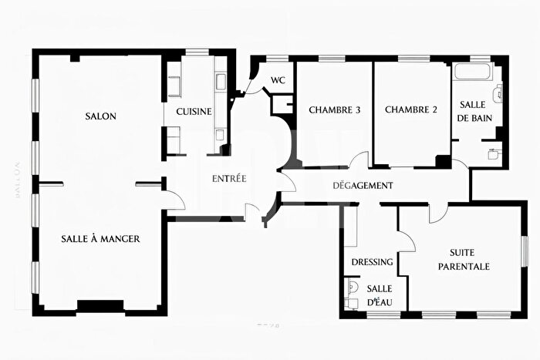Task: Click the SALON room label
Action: tap(100, 116)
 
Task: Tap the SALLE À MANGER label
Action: tap(100, 239)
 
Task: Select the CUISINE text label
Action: tap(194, 112)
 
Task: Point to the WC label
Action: tap(278, 79)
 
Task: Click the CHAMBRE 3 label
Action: tap(335, 110)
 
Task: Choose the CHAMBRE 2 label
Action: tap(411, 110)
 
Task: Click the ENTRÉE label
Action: tap(229, 179)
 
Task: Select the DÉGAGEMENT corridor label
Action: tap(363, 186)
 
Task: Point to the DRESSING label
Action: tap(373, 262)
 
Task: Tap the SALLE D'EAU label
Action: tap(379, 295)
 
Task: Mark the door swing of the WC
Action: tap(252, 83)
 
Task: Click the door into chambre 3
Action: tap(359, 160)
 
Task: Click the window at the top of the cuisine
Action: tap(197, 53)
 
